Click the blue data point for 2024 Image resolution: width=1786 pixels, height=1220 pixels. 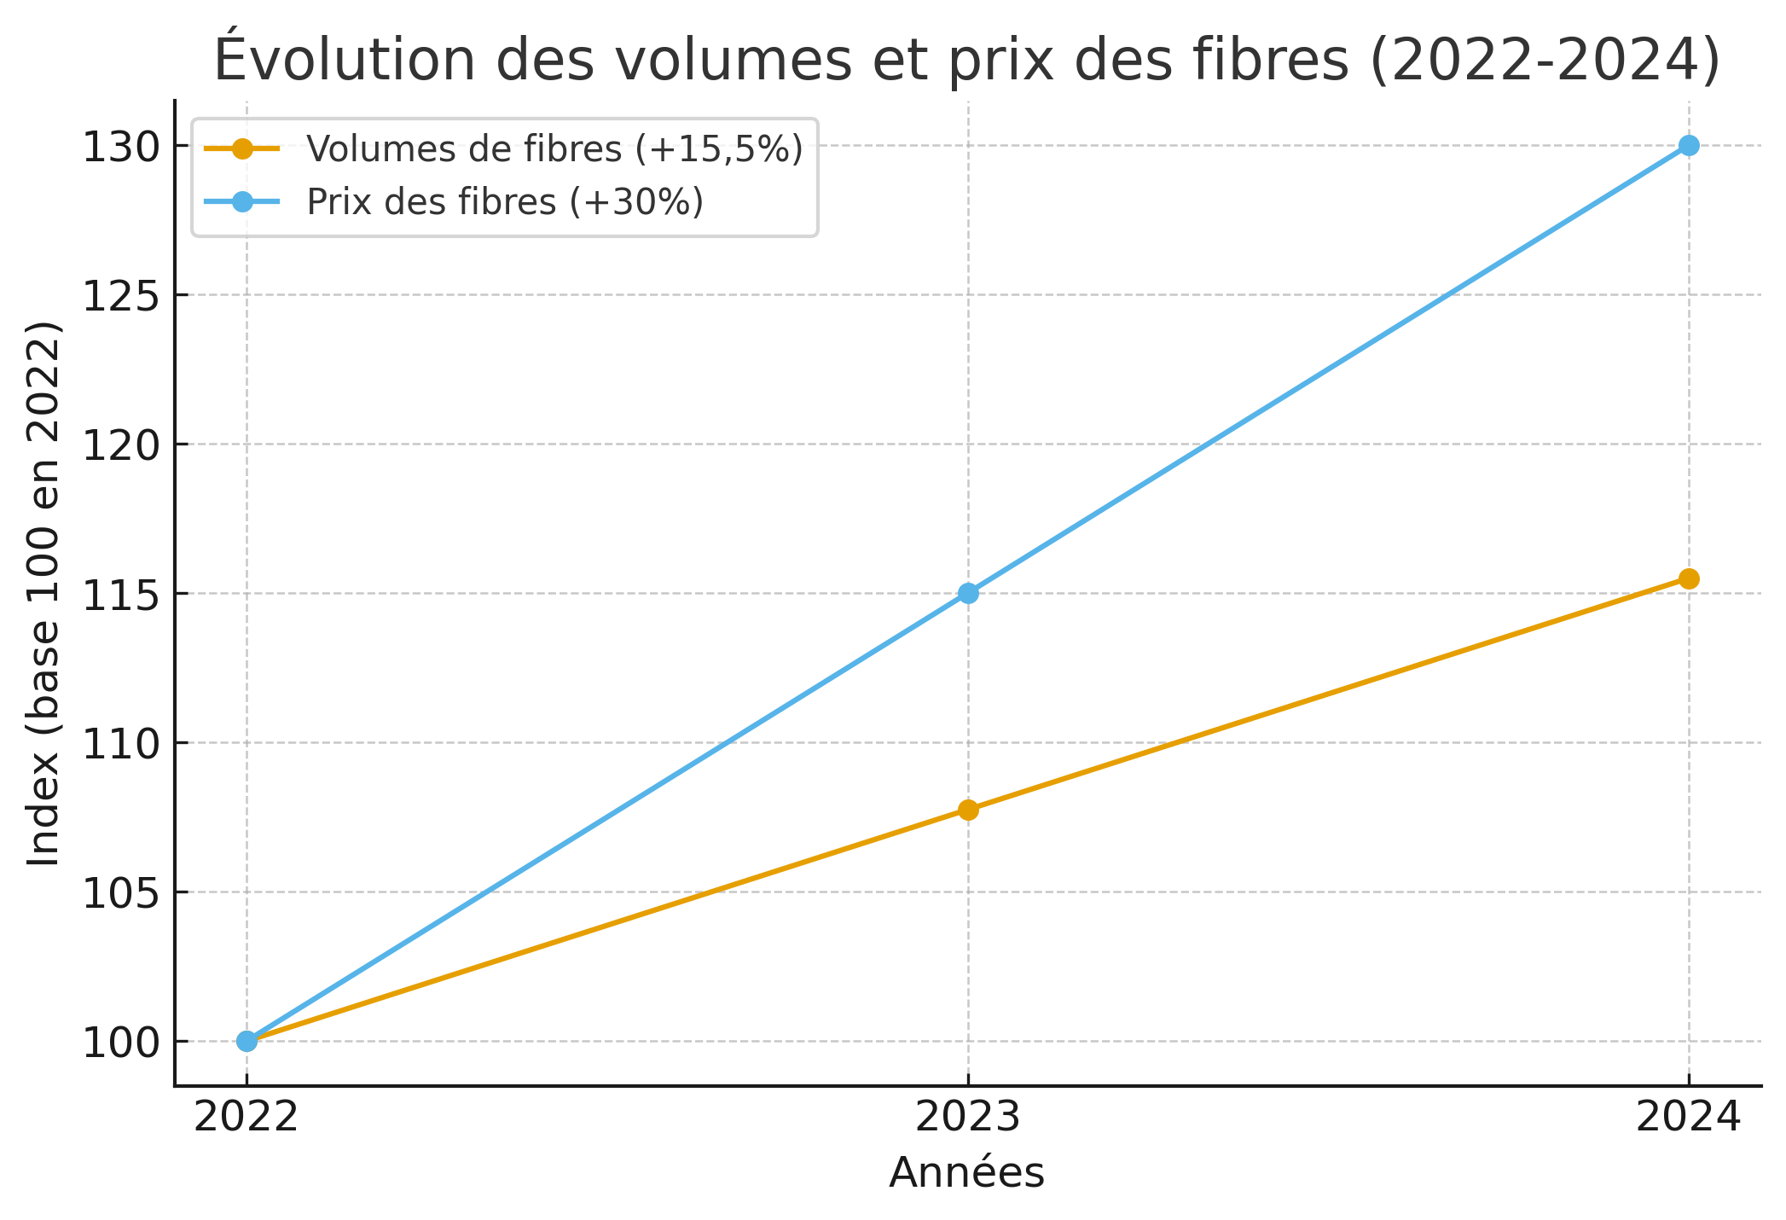pos(1688,146)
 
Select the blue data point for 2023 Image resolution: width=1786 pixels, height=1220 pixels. pos(968,593)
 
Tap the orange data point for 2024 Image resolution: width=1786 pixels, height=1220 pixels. pos(1688,578)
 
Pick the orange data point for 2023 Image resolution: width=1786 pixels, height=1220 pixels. pos(968,810)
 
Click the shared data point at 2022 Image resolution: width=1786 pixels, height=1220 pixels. pos(247,1041)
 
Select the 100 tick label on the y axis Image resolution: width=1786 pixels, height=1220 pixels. pos(121,1043)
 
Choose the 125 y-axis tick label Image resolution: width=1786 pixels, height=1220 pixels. pos(121,297)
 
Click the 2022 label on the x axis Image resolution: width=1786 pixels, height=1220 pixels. pos(246,1118)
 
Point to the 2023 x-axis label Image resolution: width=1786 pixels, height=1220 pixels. pos(968,1118)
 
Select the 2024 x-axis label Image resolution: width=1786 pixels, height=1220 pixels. pos(1687,1118)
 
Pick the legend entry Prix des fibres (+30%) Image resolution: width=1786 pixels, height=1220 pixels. pos(505,202)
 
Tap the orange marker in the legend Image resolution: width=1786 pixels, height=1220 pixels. pos(242,148)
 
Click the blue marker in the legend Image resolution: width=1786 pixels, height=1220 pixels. pos(242,201)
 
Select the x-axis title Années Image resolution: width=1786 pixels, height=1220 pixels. pos(966,1173)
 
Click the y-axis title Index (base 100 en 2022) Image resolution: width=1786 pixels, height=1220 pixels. pos(44,594)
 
